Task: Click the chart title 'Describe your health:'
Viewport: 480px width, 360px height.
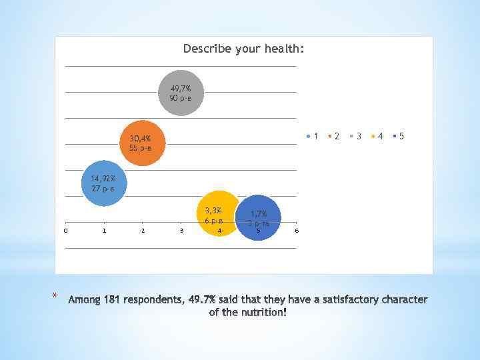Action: pos(243,49)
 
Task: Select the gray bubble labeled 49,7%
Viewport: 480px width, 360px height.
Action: pos(181,93)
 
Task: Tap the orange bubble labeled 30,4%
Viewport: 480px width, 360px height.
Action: pos(141,143)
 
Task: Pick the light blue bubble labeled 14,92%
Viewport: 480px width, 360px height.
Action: pos(103,183)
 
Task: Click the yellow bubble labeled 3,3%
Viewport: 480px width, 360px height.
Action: pos(217,213)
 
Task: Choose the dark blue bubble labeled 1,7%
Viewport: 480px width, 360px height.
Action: pos(259,217)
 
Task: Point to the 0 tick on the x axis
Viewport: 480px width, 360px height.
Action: pos(65,231)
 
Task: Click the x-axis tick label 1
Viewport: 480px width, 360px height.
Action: pos(104,231)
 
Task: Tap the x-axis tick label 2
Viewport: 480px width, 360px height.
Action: pos(143,231)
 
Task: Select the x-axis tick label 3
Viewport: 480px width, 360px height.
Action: pos(181,231)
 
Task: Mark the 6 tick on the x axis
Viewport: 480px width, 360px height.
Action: pos(297,231)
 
